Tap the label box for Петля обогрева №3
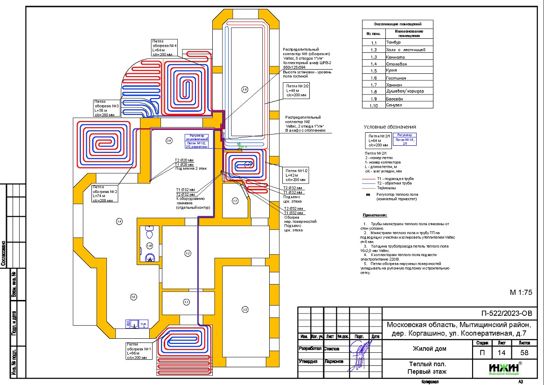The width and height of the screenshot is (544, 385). (104, 108)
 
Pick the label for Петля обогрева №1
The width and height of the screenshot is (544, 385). (140, 350)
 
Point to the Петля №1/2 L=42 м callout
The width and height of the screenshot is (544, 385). (295, 175)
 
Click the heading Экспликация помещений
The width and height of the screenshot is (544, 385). (398, 24)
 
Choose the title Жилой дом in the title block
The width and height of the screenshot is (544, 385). (429, 349)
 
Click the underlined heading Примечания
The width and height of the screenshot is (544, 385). (375, 215)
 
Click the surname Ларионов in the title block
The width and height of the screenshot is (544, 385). (333, 361)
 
